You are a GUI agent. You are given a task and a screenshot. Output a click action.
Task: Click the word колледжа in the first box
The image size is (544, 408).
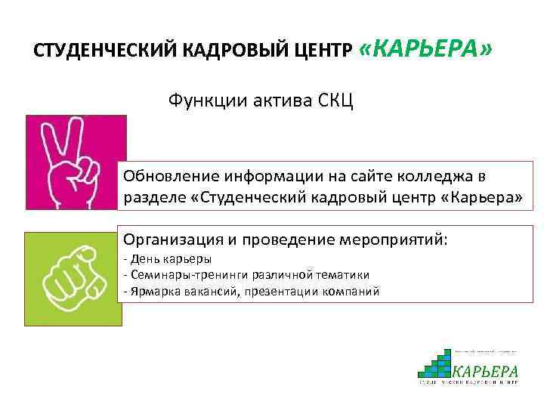tap(439, 175)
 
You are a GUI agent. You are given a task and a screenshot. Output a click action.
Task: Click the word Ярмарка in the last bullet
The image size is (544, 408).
tap(152, 291)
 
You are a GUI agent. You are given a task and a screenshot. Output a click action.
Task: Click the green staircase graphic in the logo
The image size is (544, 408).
tap(437, 363)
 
